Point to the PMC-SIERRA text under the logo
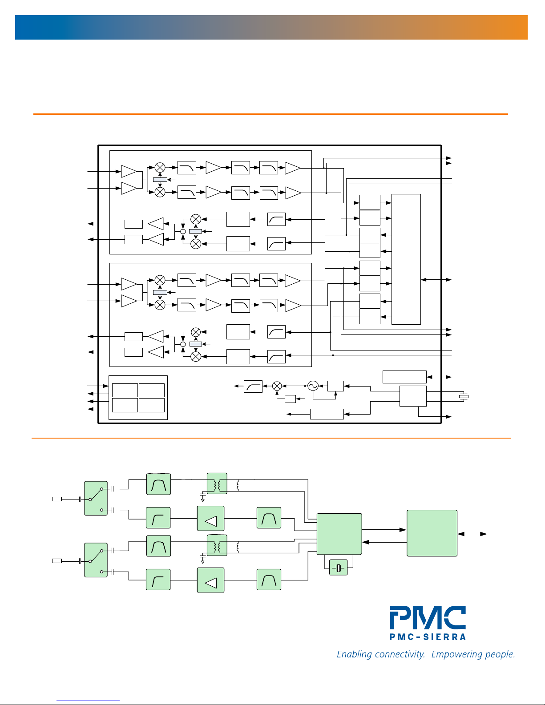click(428, 637)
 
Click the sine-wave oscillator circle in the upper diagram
click(313, 386)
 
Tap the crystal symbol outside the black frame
click(464, 396)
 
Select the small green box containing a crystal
click(339, 568)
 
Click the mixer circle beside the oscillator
click(277, 386)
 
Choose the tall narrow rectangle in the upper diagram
click(406, 259)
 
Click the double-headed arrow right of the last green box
click(472, 534)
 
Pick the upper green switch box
click(96, 498)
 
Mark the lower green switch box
click(96, 560)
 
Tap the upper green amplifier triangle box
click(210, 518)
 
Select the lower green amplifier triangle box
click(210, 580)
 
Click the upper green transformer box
click(217, 483)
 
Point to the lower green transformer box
click(217, 545)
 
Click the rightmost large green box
click(432, 533)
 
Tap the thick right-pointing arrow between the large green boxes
click(384, 530)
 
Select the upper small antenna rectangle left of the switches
click(57, 499)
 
